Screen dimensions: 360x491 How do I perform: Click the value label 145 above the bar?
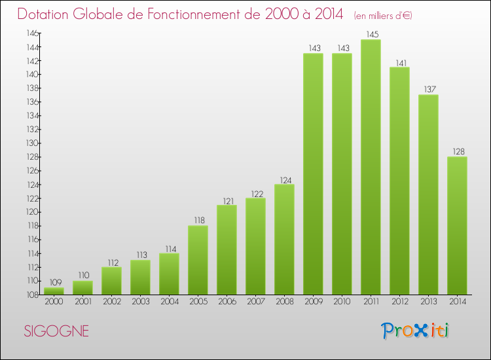(371, 34)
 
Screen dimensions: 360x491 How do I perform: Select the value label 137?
(428, 89)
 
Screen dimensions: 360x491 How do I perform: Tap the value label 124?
(284, 179)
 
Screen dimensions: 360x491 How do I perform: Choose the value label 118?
(198, 220)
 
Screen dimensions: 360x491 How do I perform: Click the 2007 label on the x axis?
(255, 302)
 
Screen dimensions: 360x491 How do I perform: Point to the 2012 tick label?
(399, 302)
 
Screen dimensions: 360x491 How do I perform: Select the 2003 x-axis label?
(140, 302)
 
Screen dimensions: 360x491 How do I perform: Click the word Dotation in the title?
(46, 14)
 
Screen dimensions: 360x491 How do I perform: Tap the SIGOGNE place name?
(56, 331)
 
